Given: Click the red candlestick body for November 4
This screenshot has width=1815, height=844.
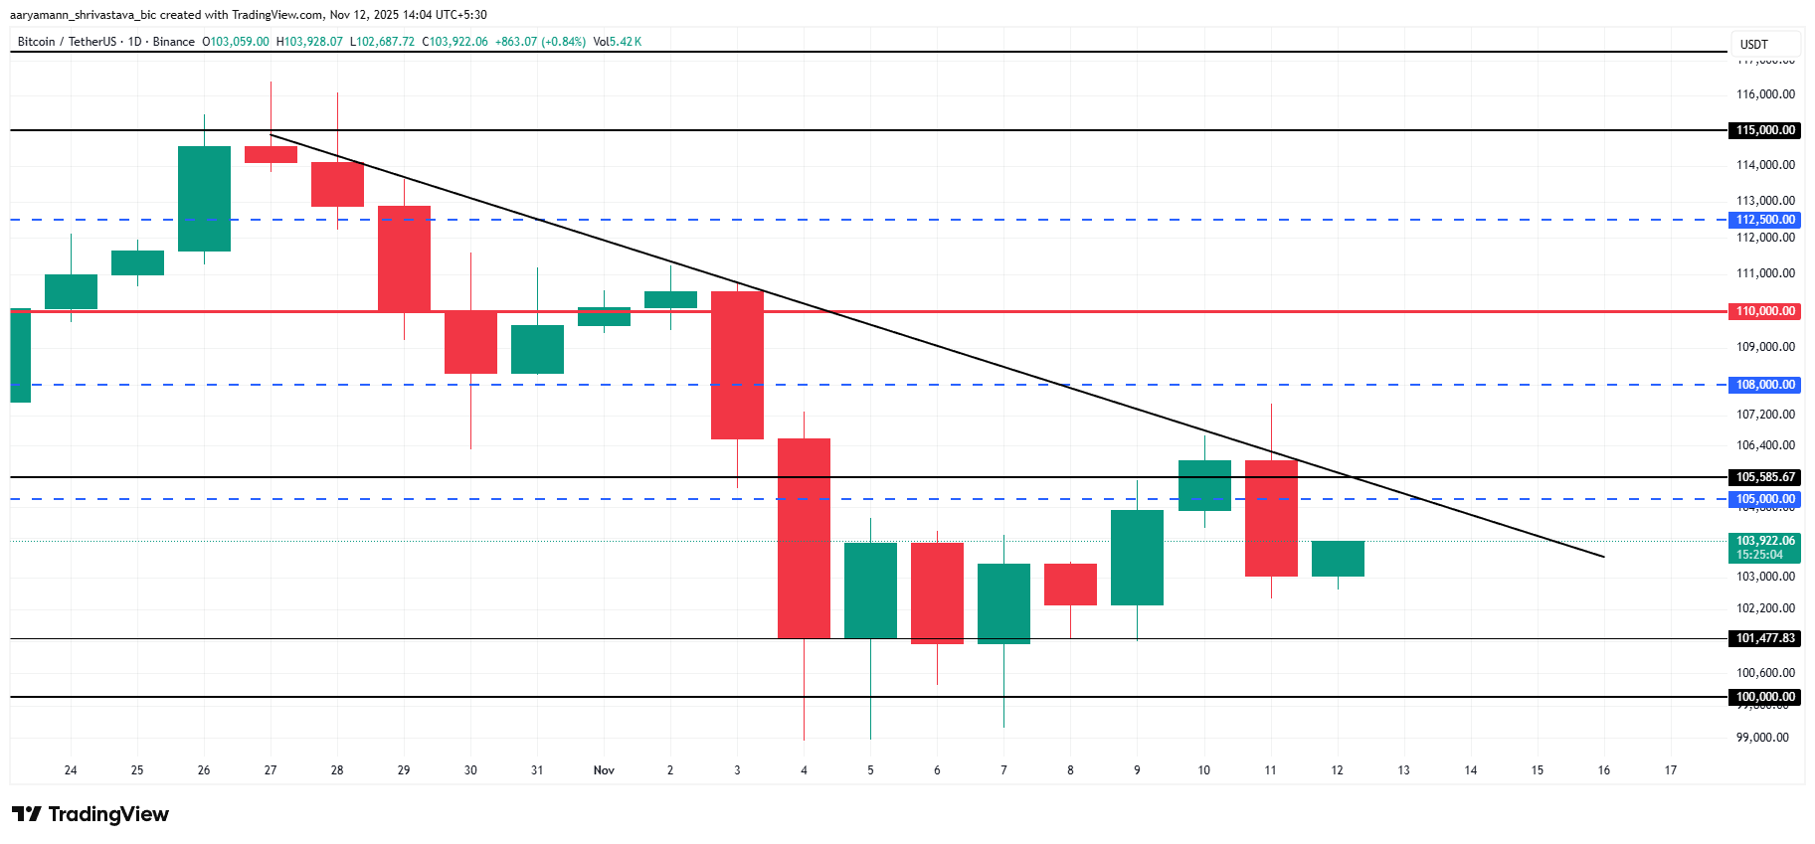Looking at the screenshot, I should [804, 538].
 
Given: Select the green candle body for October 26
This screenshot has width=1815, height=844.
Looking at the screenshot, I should [204, 199].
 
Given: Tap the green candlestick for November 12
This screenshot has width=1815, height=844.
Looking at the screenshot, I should [1338, 559].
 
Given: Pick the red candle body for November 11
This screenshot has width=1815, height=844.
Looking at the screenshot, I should [1271, 518].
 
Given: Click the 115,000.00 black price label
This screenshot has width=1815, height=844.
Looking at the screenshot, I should [1764, 130].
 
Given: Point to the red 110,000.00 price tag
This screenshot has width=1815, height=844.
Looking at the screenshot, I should [1764, 311].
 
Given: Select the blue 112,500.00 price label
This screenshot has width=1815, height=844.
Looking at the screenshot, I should [1764, 220].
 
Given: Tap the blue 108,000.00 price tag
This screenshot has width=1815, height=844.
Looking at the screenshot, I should [1764, 385].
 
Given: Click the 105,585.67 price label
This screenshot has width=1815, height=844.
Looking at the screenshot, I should [1764, 477].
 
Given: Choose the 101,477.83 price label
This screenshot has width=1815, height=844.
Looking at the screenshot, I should [1764, 638].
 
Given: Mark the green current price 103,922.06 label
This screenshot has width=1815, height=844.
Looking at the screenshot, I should [1764, 547].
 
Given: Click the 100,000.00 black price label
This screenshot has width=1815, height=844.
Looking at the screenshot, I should [1764, 697].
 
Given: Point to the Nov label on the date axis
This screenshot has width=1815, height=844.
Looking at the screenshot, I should [604, 770].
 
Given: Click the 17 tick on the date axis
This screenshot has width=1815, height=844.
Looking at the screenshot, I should [1671, 770].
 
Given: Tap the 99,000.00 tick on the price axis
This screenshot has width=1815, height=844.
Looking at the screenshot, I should [1762, 738].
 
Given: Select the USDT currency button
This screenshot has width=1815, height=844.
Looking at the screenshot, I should [1754, 45].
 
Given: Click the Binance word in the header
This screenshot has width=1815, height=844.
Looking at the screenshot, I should [174, 42].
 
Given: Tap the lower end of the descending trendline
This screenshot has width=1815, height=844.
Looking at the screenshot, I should [1602, 556].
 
